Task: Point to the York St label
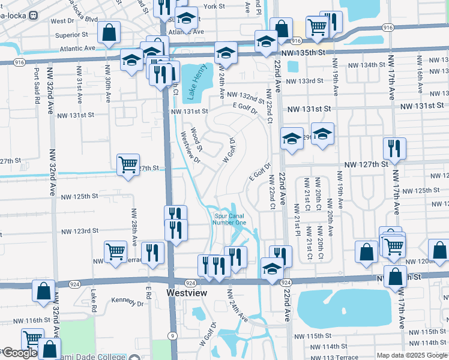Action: coord(214,6)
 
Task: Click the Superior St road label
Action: coord(71,35)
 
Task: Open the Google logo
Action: coord(19,353)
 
